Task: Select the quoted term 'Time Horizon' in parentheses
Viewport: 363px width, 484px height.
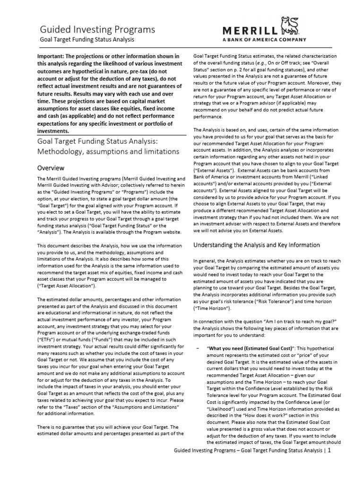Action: point(211,320)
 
